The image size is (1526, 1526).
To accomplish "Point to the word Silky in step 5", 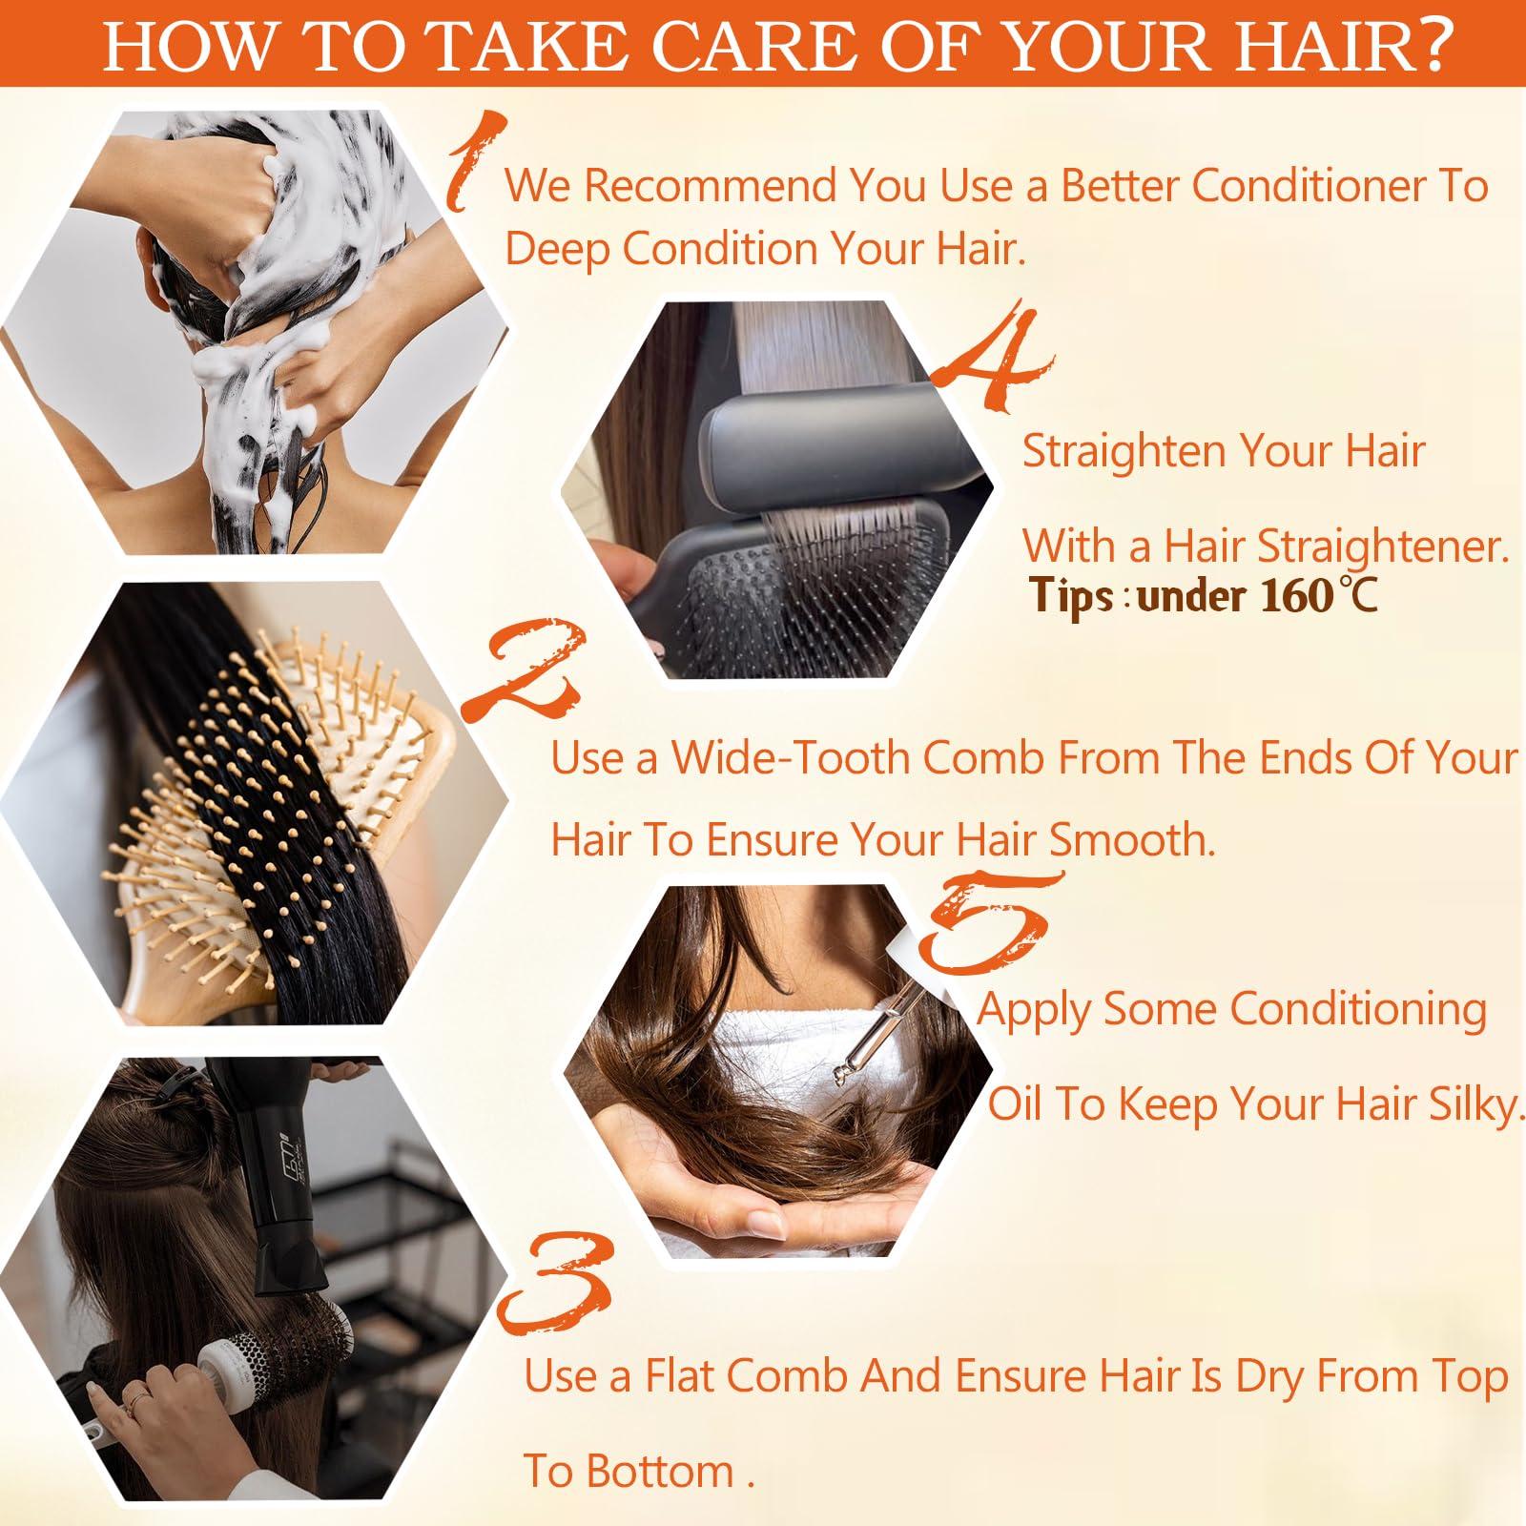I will [x=1473, y=1104].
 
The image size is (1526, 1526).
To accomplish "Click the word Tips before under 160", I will [x=1072, y=597].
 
